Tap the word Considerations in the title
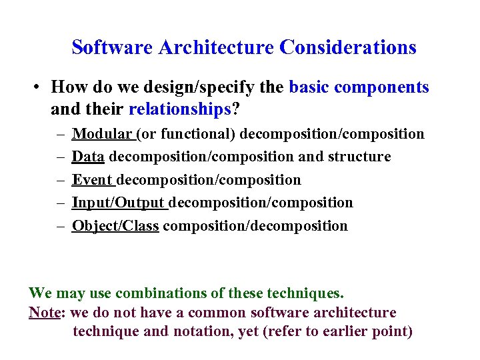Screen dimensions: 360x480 pyautogui.click(x=348, y=48)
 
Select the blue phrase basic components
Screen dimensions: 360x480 pyautogui.click(x=359, y=87)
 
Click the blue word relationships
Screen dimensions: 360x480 pyautogui.click(x=179, y=109)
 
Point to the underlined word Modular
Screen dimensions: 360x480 pyautogui.click(x=102, y=134)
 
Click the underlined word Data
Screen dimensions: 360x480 pyautogui.click(x=88, y=157)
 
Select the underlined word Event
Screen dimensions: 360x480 pyautogui.click(x=92, y=180)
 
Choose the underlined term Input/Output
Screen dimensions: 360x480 pyautogui.click(x=118, y=203)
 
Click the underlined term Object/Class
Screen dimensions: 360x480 pyautogui.click(x=115, y=226)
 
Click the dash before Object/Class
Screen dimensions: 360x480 pyautogui.click(x=59, y=226)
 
